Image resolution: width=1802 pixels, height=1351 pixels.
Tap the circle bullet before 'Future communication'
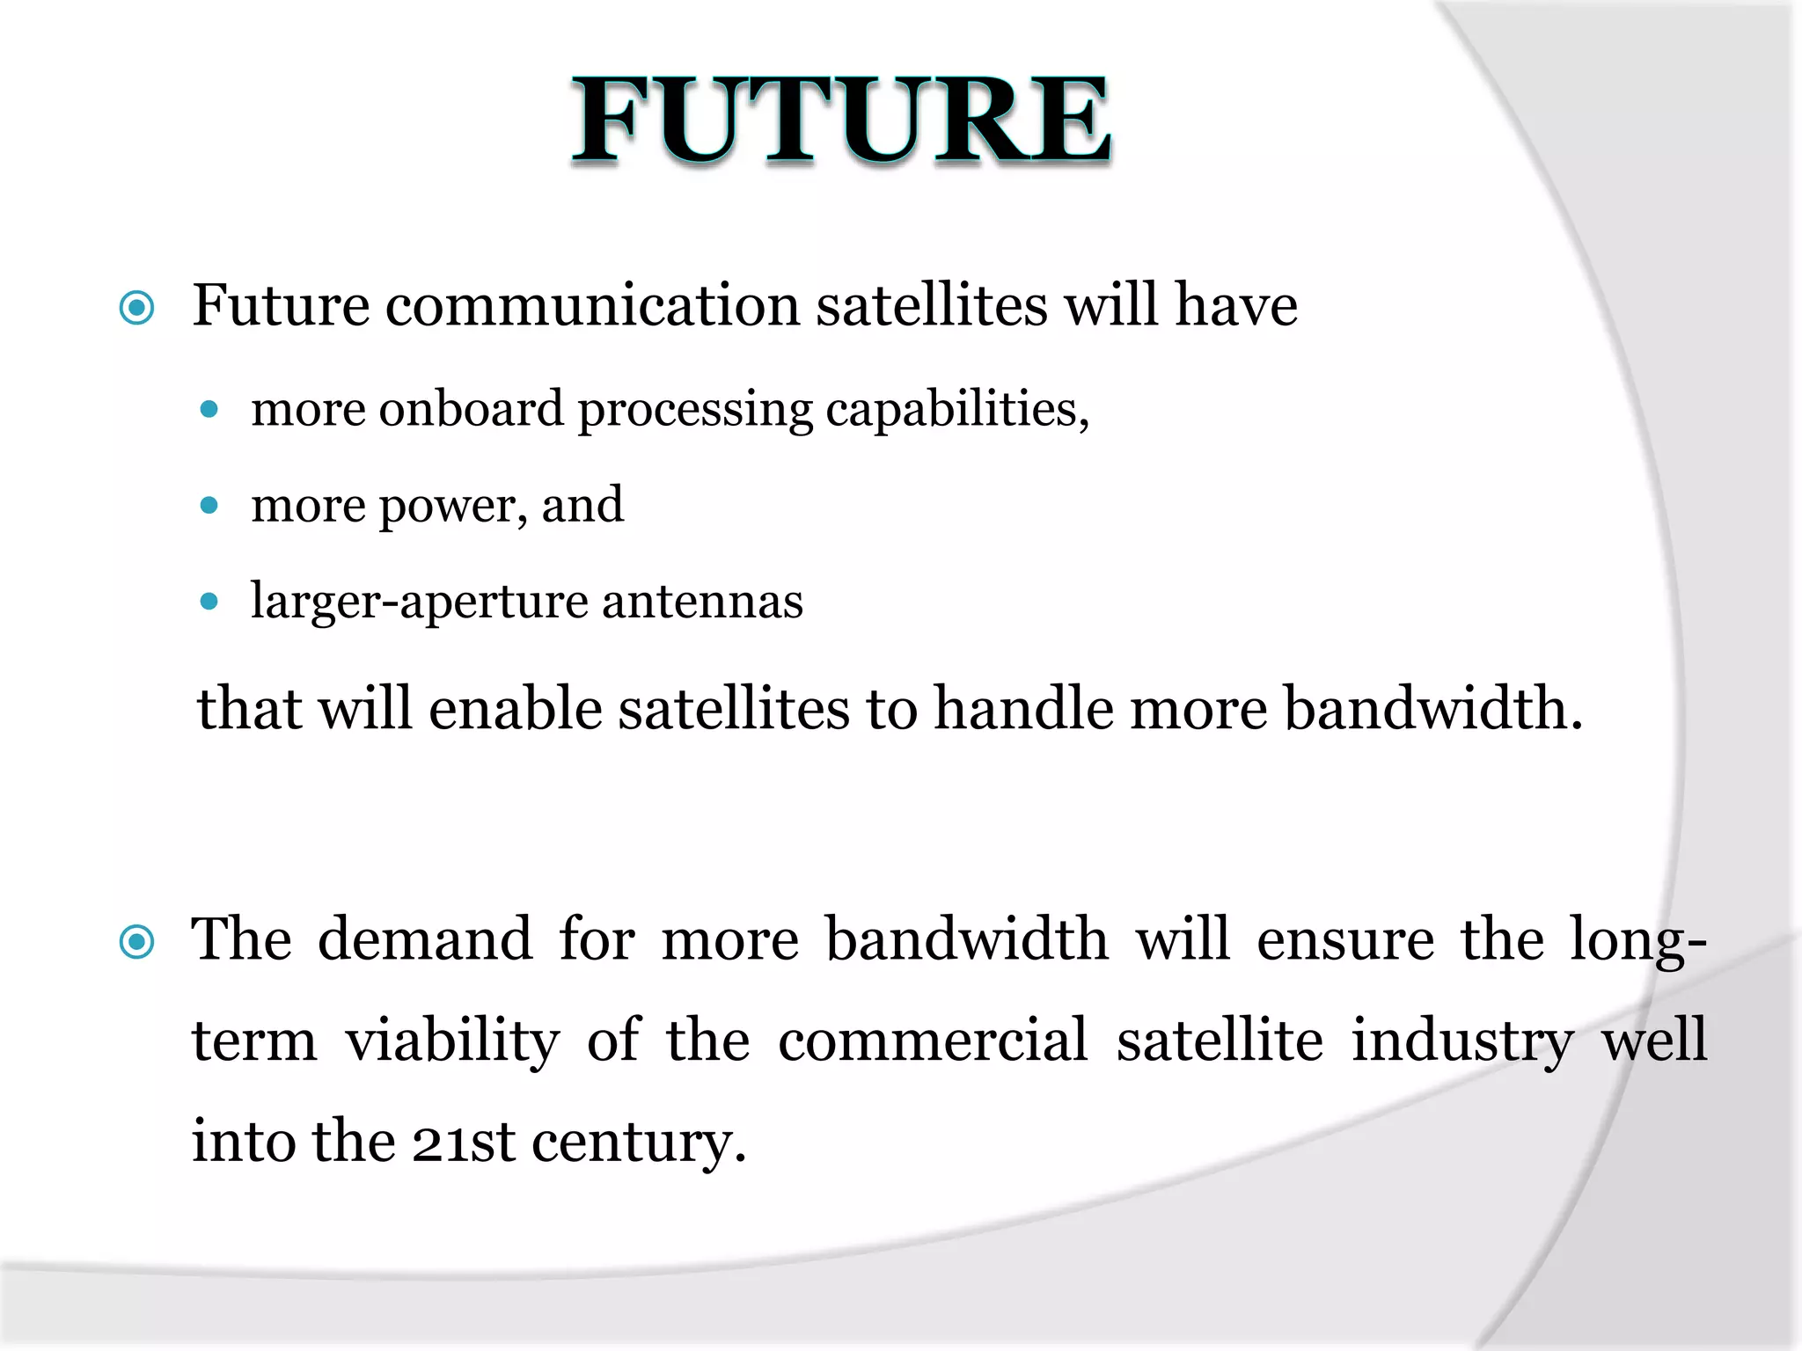pyautogui.click(x=137, y=308)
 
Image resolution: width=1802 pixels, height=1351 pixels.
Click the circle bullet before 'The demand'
pyautogui.click(x=137, y=942)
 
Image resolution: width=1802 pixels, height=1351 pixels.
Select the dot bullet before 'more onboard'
pyautogui.click(x=209, y=409)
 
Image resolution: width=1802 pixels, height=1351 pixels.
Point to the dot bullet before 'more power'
pyautogui.click(x=209, y=505)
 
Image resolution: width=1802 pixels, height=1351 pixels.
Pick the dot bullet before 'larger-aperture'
pyautogui.click(x=209, y=602)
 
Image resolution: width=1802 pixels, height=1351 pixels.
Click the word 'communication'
pyautogui.click(x=592, y=306)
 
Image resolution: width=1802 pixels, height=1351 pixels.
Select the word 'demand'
pyautogui.click(x=425, y=939)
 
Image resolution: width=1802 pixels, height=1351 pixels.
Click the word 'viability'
pyautogui.click(x=452, y=1041)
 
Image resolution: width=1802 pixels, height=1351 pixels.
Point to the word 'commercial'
pyautogui.click(x=933, y=1040)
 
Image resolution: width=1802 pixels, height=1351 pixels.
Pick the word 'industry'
pyautogui.click(x=1462, y=1041)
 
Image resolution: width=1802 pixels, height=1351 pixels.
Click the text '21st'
pyautogui.click(x=463, y=1142)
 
